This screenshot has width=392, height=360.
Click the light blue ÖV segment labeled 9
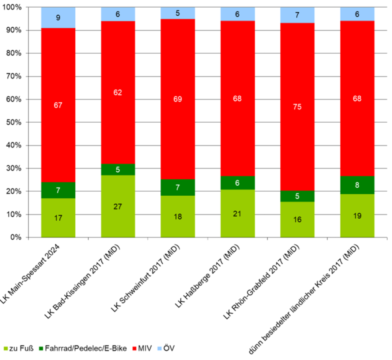(x=58, y=18)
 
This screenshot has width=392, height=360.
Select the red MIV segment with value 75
(x=297, y=107)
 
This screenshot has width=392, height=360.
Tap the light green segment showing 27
(x=118, y=206)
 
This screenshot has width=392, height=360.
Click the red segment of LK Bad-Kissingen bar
(x=118, y=92)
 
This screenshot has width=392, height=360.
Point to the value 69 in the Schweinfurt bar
(x=178, y=99)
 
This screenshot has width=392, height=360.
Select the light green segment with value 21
(x=237, y=213)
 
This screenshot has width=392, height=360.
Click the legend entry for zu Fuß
(x=18, y=349)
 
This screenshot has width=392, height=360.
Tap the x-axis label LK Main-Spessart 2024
(x=33, y=272)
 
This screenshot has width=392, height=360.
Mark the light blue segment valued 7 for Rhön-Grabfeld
(x=297, y=15)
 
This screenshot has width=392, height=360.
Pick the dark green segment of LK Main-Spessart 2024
(x=58, y=190)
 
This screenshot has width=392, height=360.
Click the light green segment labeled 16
(x=297, y=219)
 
